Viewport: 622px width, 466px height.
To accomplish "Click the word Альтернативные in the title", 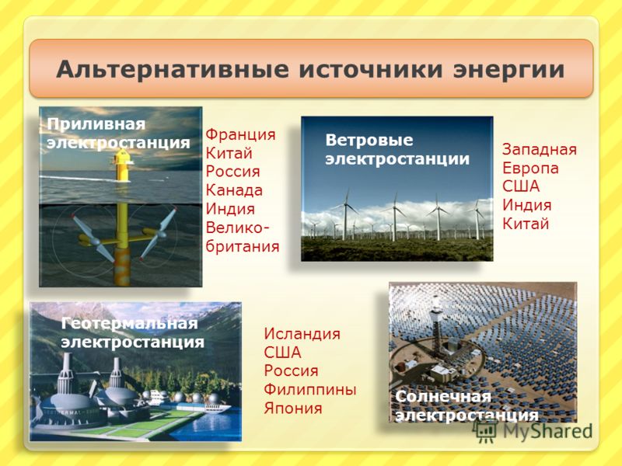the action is pos(173,69).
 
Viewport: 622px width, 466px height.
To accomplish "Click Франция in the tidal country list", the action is pos(240,134).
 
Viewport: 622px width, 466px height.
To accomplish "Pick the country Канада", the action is pos(234,190).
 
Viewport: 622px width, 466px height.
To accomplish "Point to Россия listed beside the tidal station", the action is pos(232,172).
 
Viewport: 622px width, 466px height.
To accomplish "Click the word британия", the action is pos(243,246).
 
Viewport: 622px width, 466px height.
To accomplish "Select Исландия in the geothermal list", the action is pos(302,334).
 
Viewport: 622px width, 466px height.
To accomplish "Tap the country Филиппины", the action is pos(310,390).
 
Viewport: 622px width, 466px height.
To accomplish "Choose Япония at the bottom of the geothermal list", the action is pos(293,409).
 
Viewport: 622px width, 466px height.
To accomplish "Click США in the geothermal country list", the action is pos(282,353).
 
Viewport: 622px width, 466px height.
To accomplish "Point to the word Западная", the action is pos(540,150).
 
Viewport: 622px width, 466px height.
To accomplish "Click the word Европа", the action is pos(530,169).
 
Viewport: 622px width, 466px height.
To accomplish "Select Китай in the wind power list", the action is pos(526,224).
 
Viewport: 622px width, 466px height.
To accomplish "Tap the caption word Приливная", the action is pos(96,124).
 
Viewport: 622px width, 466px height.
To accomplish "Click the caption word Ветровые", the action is pos(369,140).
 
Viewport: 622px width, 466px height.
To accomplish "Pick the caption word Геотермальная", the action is pos(130,324).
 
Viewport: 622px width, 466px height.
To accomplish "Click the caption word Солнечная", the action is pos(443,397).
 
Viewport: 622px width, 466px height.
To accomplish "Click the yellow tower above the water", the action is pos(122,165).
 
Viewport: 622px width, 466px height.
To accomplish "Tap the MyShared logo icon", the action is pos(484,430).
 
